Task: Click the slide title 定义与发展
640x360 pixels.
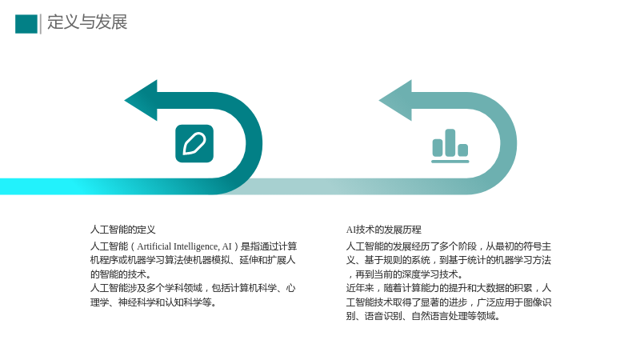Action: pyautogui.click(x=87, y=22)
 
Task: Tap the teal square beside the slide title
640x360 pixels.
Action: pyautogui.click(x=26, y=24)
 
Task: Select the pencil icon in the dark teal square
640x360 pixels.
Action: pyautogui.click(x=194, y=144)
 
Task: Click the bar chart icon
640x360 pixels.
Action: pyautogui.click(x=450, y=146)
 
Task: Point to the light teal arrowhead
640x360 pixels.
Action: pyautogui.click(x=396, y=101)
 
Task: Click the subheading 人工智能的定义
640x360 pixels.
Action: pyautogui.click(x=123, y=230)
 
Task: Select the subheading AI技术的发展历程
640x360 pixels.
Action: pyautogui.click(x=384, y=230)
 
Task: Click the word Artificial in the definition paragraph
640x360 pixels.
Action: pyautogui.click(x=154, y=246)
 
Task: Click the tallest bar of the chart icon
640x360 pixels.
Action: pyautogui.click(x=450, y=142)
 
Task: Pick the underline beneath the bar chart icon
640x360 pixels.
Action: pyautogui.click(x=450, y=162)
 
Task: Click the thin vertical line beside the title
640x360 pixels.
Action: pyautogui.click(x=41, y=24)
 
